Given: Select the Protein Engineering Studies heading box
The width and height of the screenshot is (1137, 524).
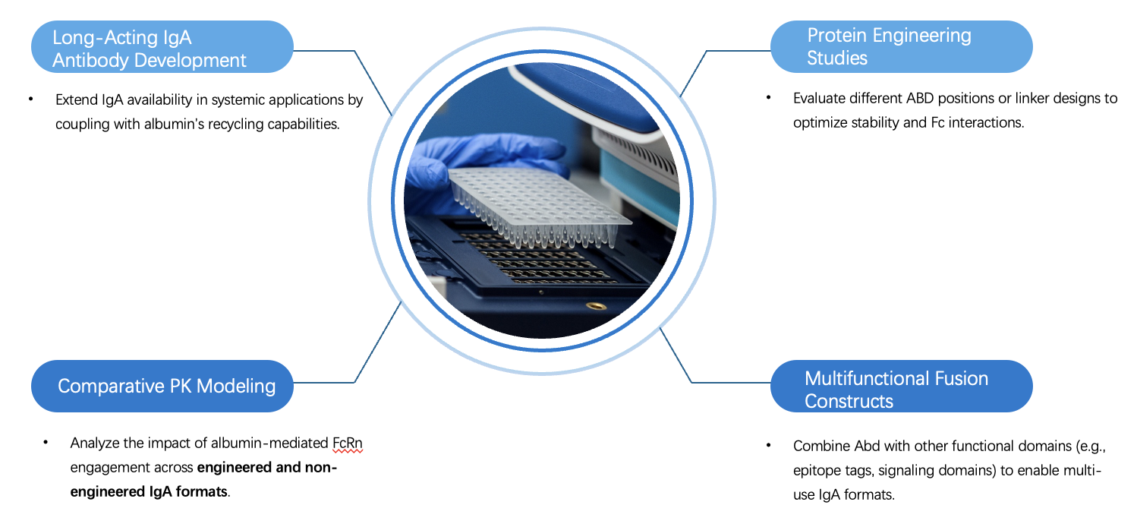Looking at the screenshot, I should click(901, 47).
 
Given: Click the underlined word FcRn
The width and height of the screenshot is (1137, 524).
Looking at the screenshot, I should click(348, 443).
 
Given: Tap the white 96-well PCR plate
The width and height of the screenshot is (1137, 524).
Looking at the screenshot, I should click(539, 201).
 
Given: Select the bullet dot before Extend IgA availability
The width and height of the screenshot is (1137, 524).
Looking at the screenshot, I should click(31, 99).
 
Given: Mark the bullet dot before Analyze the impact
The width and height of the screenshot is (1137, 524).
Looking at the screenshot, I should click(46, 443).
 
